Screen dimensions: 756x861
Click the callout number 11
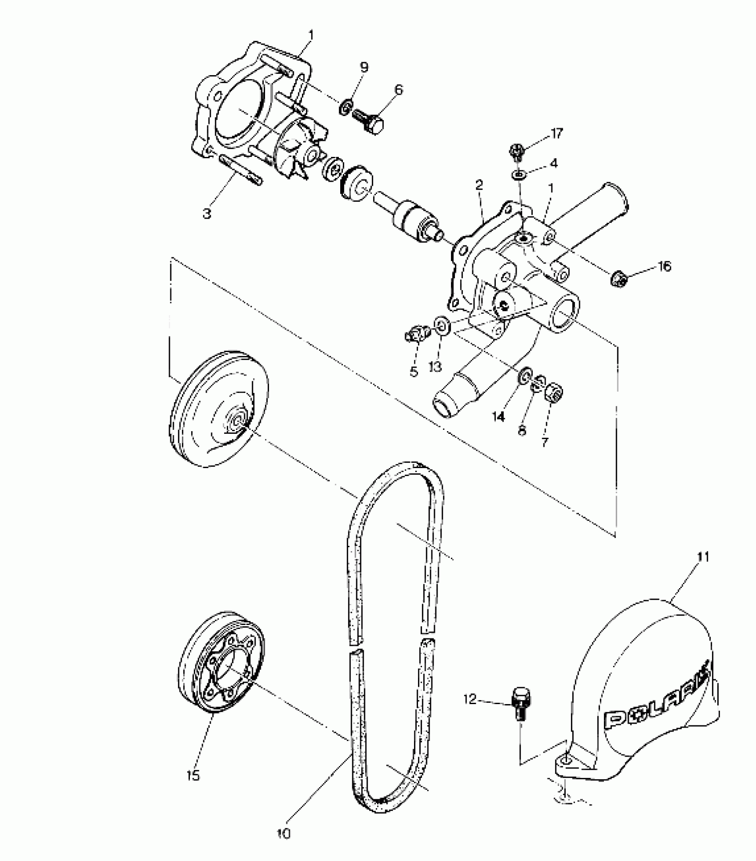pyautogui.click(x=703, y=557)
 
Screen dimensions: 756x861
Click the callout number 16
pyautogui.click(x=664, y=266)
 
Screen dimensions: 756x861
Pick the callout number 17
pyautogui.click(x=556, y=133)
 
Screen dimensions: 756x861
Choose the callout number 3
pyautogui.click(x=206, y=213)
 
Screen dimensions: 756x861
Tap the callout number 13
pyautogui.click(x=435, y=367)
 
